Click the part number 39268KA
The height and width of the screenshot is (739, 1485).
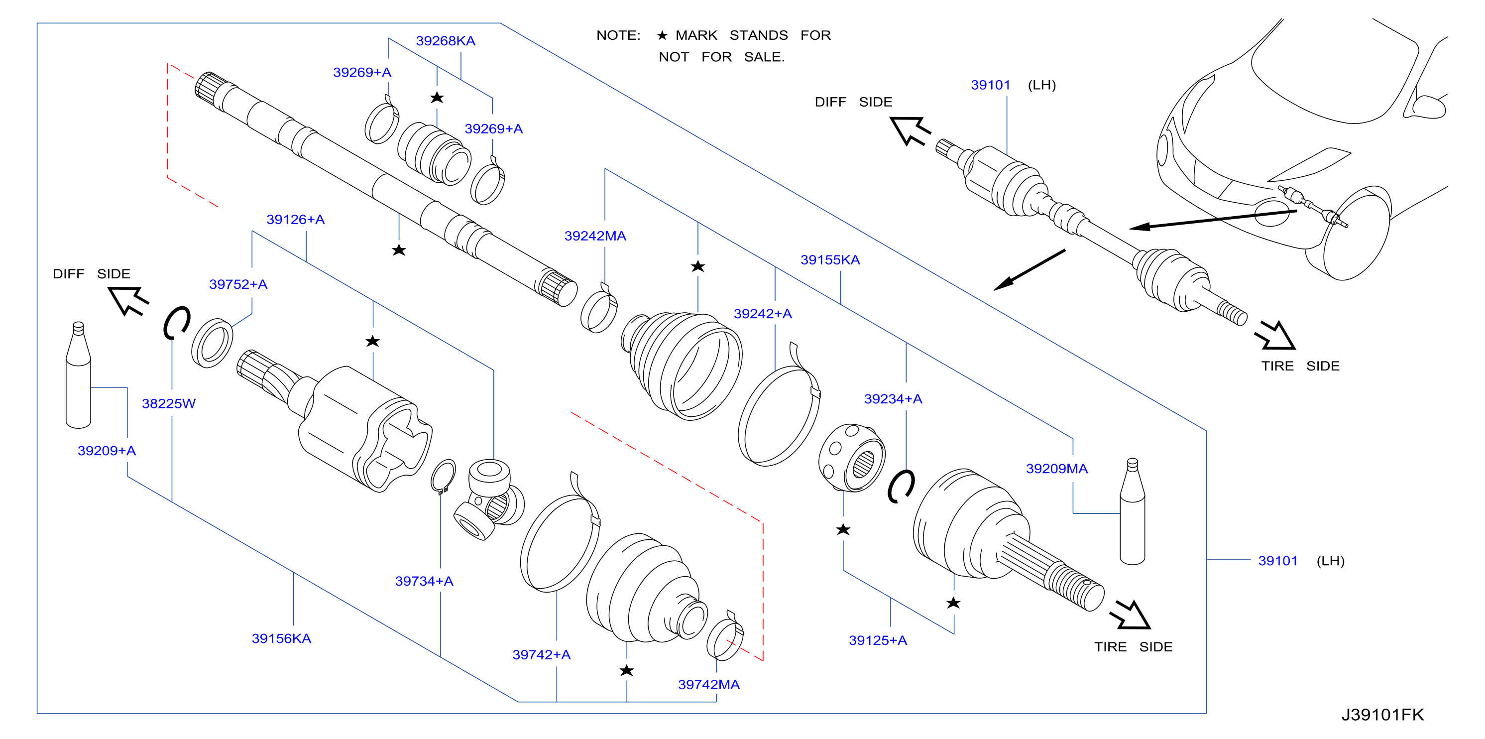(x=446, y=41)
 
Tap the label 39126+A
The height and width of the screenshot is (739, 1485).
(x=295, y=220)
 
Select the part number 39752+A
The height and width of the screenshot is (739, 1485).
(x=238, y=284)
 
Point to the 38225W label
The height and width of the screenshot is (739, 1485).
(x=168, y=403)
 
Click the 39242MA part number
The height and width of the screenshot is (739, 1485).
(x=595, y=236)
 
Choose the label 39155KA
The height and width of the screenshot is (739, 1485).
(x=830, y=260)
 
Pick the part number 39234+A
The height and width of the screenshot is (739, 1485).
(x=893, y=399)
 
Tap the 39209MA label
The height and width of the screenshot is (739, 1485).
(x=1057, y=469)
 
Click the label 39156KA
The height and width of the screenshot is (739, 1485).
(x=281, y=639)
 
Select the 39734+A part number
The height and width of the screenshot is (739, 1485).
(x=424, y=581)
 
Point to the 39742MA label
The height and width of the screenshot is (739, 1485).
(x=708, y=685)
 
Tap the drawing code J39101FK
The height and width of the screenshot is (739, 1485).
(x=1382, y=715)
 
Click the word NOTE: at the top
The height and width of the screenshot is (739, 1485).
(x=618, y=35)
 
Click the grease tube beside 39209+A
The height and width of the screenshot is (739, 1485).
(x=78, y=375)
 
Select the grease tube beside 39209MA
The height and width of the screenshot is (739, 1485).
(x=1132, y=511)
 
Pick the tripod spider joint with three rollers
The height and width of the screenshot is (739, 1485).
(x=489, y=499)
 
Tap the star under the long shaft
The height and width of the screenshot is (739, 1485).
(x=399, y=250)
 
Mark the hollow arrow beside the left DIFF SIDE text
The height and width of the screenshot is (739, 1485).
(x=128, y=300)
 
